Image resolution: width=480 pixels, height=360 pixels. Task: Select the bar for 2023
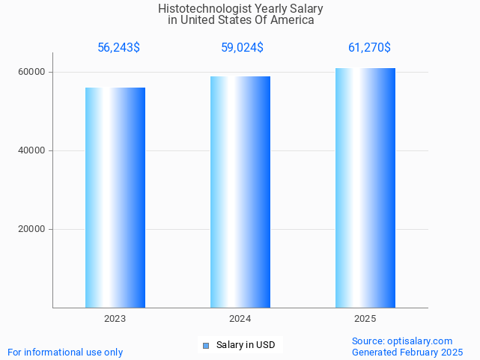coord(115,198)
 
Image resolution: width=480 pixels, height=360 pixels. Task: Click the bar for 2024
coord(240,192)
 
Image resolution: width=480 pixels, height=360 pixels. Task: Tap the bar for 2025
coord(365,188)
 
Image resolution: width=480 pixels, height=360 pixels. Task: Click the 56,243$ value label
coord(118,48)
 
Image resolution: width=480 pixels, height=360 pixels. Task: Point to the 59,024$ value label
coord(242,48)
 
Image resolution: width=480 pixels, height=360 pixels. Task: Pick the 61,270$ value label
coord(369,48)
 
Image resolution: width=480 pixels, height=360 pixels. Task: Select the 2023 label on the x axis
coord(115,319)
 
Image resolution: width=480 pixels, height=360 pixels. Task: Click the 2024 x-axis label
coord(240,319)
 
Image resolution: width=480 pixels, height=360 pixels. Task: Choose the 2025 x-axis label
coord(365,319)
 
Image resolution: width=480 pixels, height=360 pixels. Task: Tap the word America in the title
coord(293,20)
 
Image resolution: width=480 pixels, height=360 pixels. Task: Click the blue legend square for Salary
coord(206,345)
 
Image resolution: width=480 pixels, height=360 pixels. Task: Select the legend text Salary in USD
coord(246,345)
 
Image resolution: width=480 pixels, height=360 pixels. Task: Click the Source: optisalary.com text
coord(402,341)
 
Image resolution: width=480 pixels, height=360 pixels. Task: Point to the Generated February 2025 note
coord(407,352)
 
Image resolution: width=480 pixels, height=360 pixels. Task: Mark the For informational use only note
coord(65,352)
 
